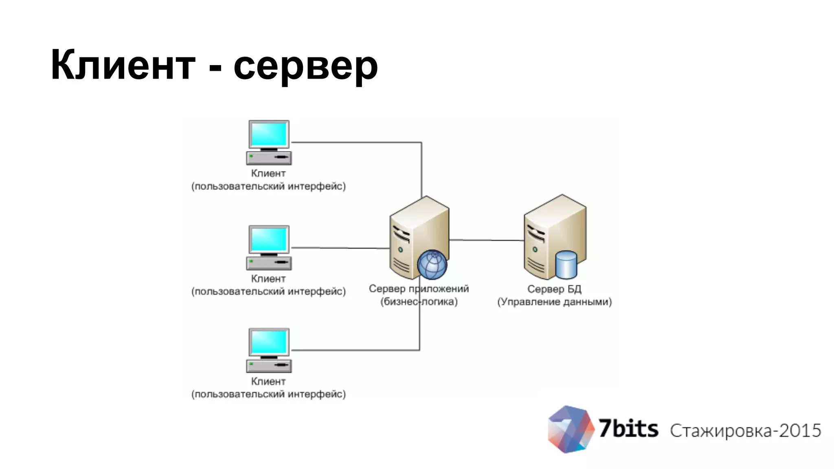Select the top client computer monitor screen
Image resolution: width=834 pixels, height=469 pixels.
tap(269, 135)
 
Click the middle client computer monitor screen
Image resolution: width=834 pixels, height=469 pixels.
tap(269, 240)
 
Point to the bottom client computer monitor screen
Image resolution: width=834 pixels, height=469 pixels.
tap(269, 342)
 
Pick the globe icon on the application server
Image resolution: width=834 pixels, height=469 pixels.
tap(432, 265)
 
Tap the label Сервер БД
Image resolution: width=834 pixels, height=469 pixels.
tap(554, 289)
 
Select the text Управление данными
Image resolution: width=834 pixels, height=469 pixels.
tap(554, 302)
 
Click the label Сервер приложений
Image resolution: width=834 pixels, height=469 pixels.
tap(419, 289)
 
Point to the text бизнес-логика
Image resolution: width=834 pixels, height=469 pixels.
tap(419, 302)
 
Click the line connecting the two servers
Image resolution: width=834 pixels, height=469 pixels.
tap(487, 240)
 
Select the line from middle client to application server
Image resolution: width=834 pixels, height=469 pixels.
tap(340, 248)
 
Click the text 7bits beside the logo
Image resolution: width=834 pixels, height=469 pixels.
tap(628, 429)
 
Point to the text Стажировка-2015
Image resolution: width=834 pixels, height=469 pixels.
tap(745, 431)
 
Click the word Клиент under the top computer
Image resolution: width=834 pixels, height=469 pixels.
tap(268, 173)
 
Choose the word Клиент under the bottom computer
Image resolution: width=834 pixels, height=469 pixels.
tap(268, 381)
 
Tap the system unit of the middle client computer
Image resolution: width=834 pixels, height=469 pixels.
tap(269, 263)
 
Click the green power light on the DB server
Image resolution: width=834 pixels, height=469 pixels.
tap(535, 249)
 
